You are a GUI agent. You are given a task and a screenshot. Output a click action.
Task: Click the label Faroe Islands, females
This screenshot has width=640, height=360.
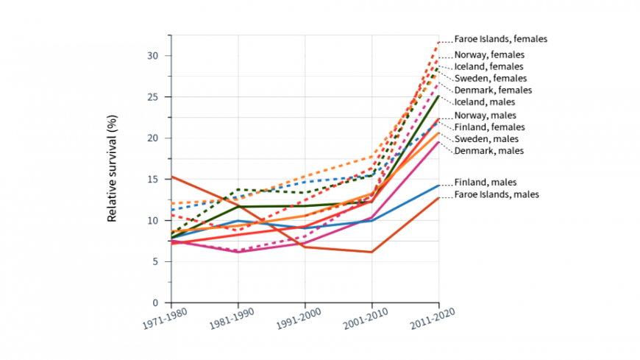pos(500,39)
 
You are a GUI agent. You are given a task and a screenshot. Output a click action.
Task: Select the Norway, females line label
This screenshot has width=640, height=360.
pos(488,55)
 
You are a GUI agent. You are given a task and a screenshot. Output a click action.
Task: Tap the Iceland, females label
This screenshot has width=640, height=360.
pos(488,66)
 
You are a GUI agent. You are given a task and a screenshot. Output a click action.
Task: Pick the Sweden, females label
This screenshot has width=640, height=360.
pos(489,78)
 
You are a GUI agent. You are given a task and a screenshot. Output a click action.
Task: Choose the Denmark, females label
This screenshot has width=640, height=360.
pos(492,90)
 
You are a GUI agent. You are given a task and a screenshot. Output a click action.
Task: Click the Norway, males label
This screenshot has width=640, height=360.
pos(485,116)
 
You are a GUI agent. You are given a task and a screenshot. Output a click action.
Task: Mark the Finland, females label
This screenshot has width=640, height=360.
pos(488,127)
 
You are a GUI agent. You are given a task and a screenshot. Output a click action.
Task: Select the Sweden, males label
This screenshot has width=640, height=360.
pos(486,139)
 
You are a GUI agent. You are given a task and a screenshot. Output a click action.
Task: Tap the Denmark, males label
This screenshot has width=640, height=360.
pos(488,151)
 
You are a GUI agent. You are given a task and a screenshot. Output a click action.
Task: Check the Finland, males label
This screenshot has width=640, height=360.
pos(485,182)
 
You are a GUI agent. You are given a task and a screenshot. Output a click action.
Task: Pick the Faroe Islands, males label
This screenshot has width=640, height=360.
pos(497,194)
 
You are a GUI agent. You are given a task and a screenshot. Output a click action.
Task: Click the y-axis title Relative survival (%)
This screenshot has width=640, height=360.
pos(113,169)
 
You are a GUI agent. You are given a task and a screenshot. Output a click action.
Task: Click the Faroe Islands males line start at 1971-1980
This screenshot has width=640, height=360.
pos(171,177)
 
